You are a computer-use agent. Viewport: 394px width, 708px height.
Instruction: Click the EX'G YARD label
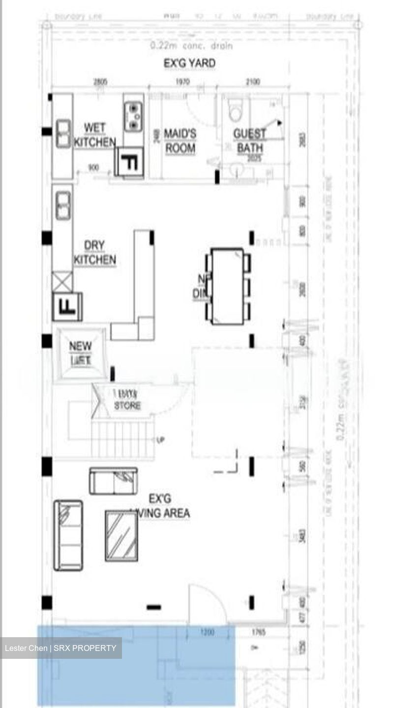click(189, 63)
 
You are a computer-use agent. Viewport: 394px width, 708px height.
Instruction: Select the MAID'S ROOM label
click(180, 141)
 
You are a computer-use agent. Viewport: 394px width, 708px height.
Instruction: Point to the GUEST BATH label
click(249, 141)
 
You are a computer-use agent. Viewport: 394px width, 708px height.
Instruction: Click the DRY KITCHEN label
click(94, 253)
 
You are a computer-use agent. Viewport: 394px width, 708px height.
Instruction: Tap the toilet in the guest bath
click(236, 112)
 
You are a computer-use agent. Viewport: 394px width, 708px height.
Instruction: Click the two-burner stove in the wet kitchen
click(133, 116)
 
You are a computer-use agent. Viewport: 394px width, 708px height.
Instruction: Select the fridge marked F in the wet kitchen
click(129, 162)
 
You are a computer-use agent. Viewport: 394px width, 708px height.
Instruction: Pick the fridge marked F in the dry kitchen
click(67, 306)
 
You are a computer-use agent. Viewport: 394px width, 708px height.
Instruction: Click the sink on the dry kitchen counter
click(62, 206)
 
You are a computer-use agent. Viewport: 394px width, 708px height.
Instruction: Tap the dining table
click(227, 286)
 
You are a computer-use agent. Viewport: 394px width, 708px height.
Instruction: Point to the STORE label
click(127, 406)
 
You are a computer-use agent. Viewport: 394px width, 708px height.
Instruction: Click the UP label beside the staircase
click(160, 440)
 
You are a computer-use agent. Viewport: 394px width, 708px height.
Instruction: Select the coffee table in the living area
click(121, 535)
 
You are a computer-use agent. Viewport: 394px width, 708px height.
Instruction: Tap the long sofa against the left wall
click(68, 535)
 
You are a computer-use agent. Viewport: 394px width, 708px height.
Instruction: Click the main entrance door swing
click(207, 603)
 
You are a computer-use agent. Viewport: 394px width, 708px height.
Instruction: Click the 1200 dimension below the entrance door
click(208, 632)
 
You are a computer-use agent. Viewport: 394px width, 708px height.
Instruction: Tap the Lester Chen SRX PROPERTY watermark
click(61, 648)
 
